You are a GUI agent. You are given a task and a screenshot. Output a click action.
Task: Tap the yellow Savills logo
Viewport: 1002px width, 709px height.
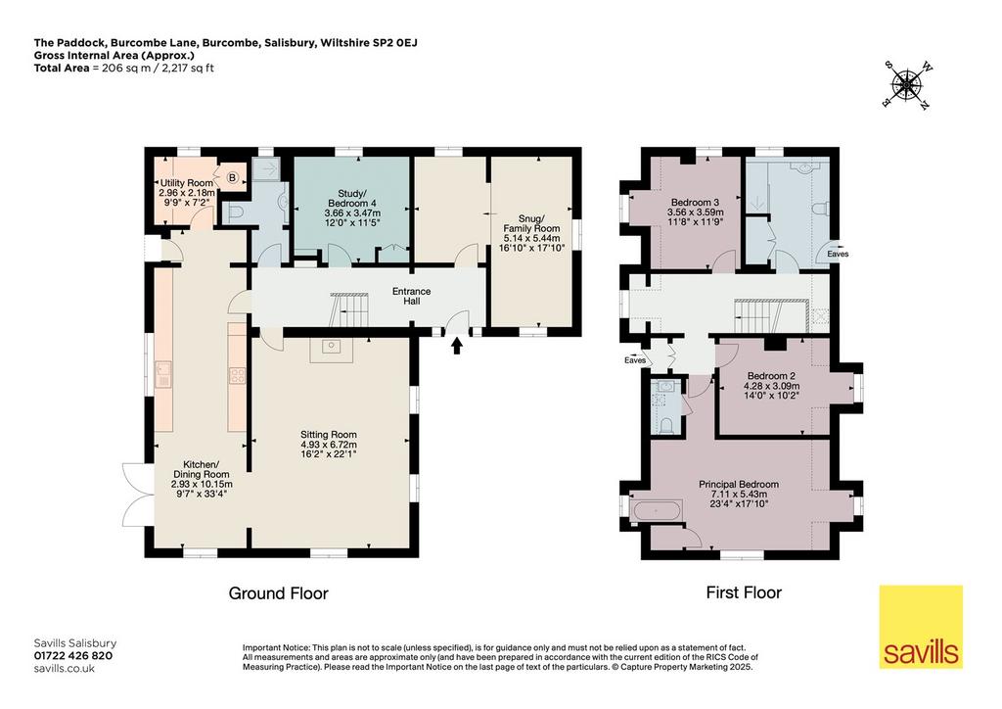click(x=921, y=627)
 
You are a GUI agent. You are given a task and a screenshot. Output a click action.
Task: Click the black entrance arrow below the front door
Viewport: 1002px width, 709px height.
click(x=457, y=346)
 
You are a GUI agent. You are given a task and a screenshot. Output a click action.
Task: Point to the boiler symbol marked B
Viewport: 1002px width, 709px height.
click(x=232, y=177)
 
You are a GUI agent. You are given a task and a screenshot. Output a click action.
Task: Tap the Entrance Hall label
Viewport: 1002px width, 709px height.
click(x=412, y=296)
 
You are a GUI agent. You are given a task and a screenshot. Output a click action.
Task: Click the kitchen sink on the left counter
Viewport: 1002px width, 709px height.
click(x=163, y=374)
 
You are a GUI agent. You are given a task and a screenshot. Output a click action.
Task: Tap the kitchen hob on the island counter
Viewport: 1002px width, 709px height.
click(x=237, y=375)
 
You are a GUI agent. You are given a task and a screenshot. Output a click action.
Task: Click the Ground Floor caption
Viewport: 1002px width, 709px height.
click(x=279, y=593)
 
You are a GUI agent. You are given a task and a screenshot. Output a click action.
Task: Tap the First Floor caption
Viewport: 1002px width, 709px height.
click(x=744, y=592)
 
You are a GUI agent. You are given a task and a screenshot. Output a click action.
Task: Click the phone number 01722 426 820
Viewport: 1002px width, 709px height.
click(x=72, y=655)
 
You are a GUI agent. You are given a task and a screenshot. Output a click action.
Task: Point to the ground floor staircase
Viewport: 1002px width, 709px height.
click(x=349, y=309)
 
